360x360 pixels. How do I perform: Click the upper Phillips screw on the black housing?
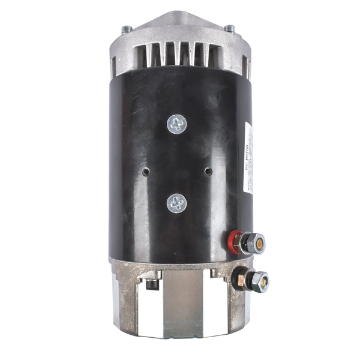(x=176, y=124)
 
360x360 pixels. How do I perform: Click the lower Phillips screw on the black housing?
(x=176, y=203)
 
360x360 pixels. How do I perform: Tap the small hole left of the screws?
(x=145, y=171)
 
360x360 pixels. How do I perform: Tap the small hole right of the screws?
(x=208, y=171)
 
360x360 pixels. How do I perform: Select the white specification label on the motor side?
(x=249, y=159)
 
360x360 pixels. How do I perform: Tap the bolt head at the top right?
(x=229, y=28)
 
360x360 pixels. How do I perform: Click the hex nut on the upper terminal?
(x=247, y=244)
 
